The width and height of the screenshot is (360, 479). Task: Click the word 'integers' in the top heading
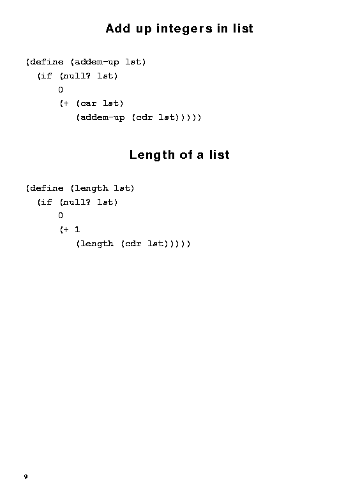184,29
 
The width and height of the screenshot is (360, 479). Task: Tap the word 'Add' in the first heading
119,29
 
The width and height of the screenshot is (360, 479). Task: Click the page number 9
26,476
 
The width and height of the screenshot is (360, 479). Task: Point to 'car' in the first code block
88,103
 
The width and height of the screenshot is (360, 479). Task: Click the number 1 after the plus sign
77,230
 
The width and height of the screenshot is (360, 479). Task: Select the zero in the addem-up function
61,90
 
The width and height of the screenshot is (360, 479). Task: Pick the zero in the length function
61,216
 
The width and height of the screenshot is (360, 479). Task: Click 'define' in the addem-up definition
47,62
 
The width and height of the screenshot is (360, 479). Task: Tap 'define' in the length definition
47,188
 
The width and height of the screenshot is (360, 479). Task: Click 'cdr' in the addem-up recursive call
144,117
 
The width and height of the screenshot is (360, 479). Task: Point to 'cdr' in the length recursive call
133,244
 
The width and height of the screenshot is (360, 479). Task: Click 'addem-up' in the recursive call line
102,118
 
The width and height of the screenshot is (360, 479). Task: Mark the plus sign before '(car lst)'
66,103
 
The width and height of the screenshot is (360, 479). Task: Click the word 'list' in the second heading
220,154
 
